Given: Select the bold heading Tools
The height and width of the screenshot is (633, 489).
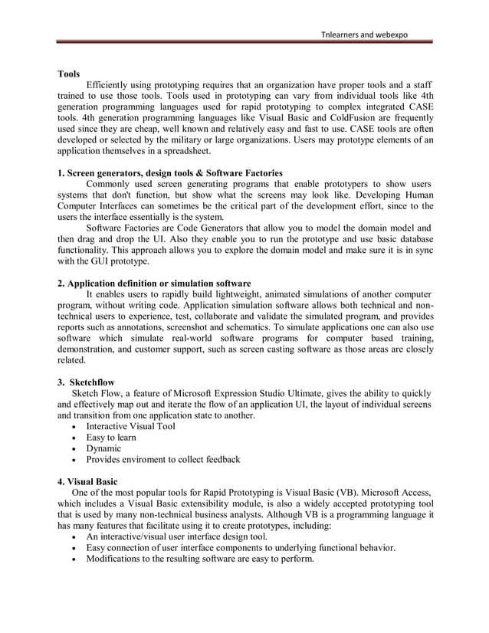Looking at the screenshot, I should [71, 75].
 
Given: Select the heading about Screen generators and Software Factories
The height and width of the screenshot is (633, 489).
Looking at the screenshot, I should [170, 173].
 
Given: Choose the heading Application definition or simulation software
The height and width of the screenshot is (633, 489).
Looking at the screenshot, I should [154, 284].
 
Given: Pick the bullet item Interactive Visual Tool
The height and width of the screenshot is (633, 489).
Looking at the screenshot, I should [130, 426].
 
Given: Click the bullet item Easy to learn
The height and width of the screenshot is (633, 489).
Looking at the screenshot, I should [111, 438].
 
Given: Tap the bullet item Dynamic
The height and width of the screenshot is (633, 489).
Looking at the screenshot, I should [103, 448].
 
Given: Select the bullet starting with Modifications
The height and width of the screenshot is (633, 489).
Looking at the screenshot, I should [199, 559].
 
